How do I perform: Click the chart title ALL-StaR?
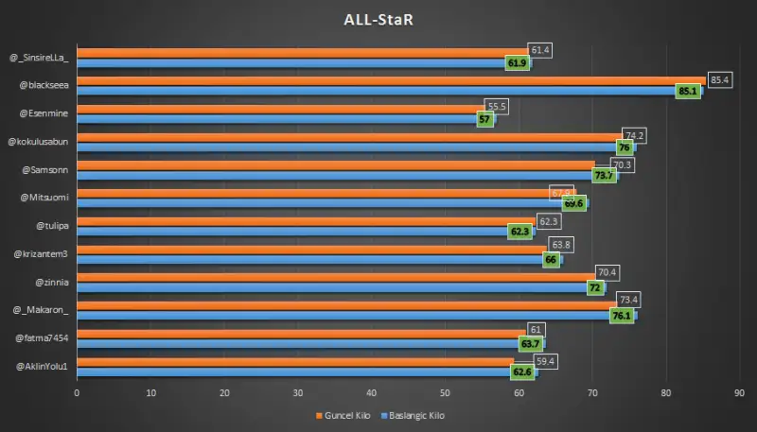pos(378,20)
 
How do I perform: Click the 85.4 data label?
pos(719,78)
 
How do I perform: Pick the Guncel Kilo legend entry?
pos(343,415)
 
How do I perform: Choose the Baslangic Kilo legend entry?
pos(413,415)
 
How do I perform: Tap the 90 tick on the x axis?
pos(739,392)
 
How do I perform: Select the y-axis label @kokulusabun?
pos(39,142)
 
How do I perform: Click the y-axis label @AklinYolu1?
pos(42,365)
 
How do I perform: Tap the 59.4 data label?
pos(543,360)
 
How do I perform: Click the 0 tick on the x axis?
pos(77,392)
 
